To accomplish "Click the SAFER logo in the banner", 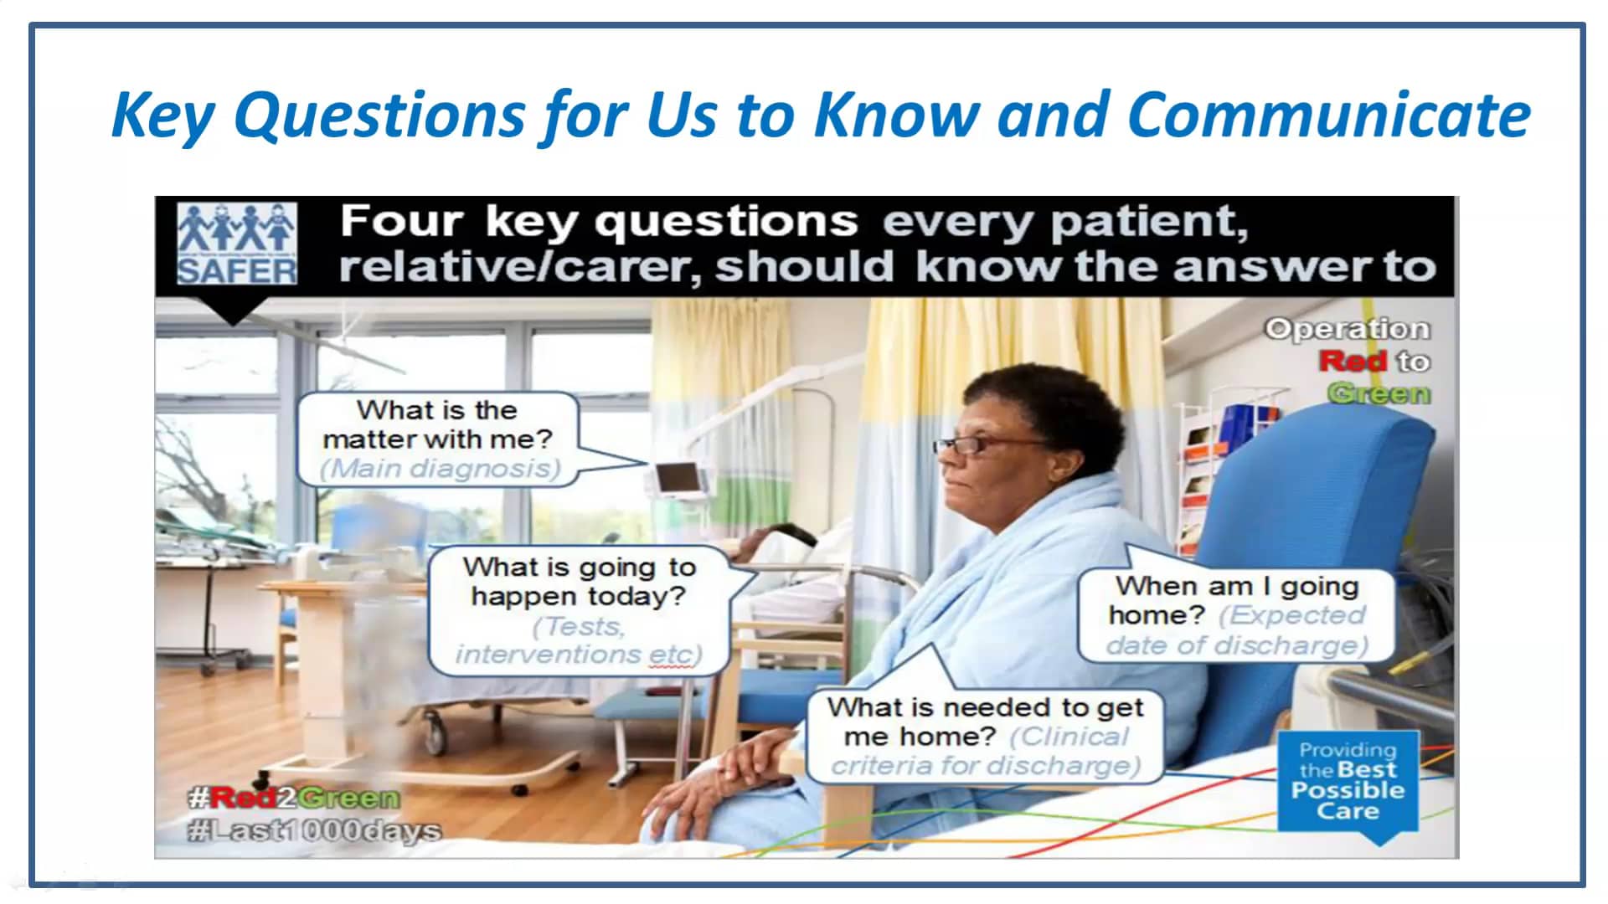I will (237, 244).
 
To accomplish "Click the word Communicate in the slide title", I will (1328, 115).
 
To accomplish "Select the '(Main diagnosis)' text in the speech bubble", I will (440, 469).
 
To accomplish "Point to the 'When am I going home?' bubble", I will (1236, 615).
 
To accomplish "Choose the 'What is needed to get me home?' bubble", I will (985, 735).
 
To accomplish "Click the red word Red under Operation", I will (1353, 362).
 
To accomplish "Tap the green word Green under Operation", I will (1379, 393).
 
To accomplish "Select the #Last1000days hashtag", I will (314, 831).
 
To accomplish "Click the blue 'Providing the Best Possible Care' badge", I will (1347, 780).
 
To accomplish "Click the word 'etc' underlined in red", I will (672, 655).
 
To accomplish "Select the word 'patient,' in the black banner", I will (1148, 223).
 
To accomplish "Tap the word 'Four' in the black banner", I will (401, 223).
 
